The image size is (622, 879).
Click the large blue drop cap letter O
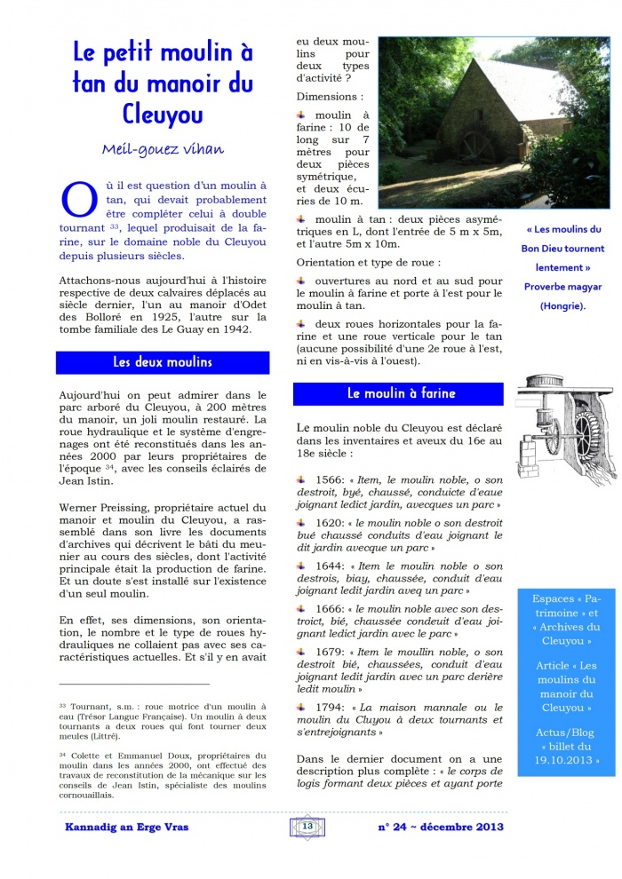tap(76, 199)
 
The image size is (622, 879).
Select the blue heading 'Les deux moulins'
tap(163, 362)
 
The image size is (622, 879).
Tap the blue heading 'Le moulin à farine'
tap(401, 393)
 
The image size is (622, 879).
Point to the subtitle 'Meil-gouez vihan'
tap(163, 149)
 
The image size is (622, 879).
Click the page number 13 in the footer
tap(308, 827)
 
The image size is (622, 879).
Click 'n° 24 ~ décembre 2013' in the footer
tap(441, 828)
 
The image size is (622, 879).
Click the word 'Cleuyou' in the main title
tap(163, 114)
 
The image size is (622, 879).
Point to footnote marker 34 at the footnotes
tap(62, 755)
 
